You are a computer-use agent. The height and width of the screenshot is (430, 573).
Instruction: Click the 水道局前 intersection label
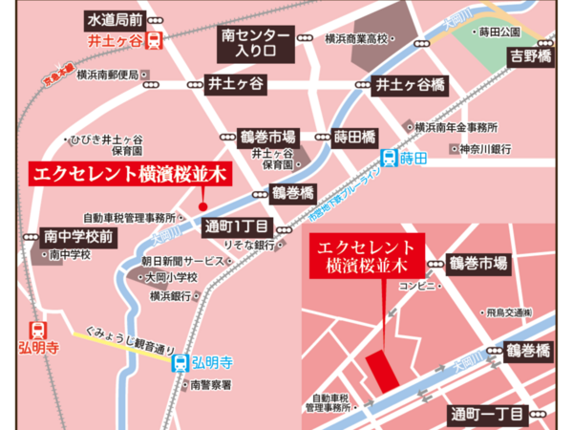[x=116, y=18]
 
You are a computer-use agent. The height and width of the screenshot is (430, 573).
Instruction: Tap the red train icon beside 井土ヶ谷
[x=155, y=41]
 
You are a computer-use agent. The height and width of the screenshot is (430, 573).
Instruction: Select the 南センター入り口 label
[x=250, y=41]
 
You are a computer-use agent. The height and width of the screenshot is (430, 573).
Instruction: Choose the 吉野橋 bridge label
[x=532, y=57]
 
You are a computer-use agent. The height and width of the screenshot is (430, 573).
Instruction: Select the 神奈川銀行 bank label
[x=485, y=149]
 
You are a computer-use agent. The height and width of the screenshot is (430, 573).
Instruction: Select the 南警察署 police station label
[x=211, y=384]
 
